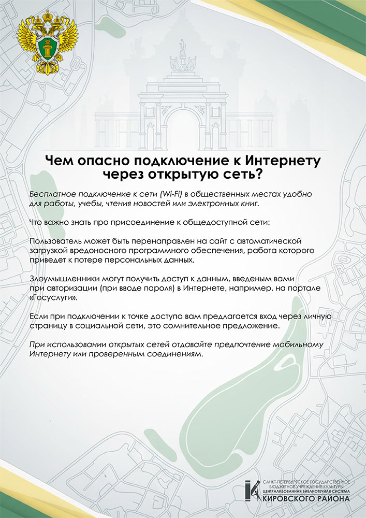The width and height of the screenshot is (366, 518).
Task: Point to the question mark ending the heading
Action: click(x=259, y=175)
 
